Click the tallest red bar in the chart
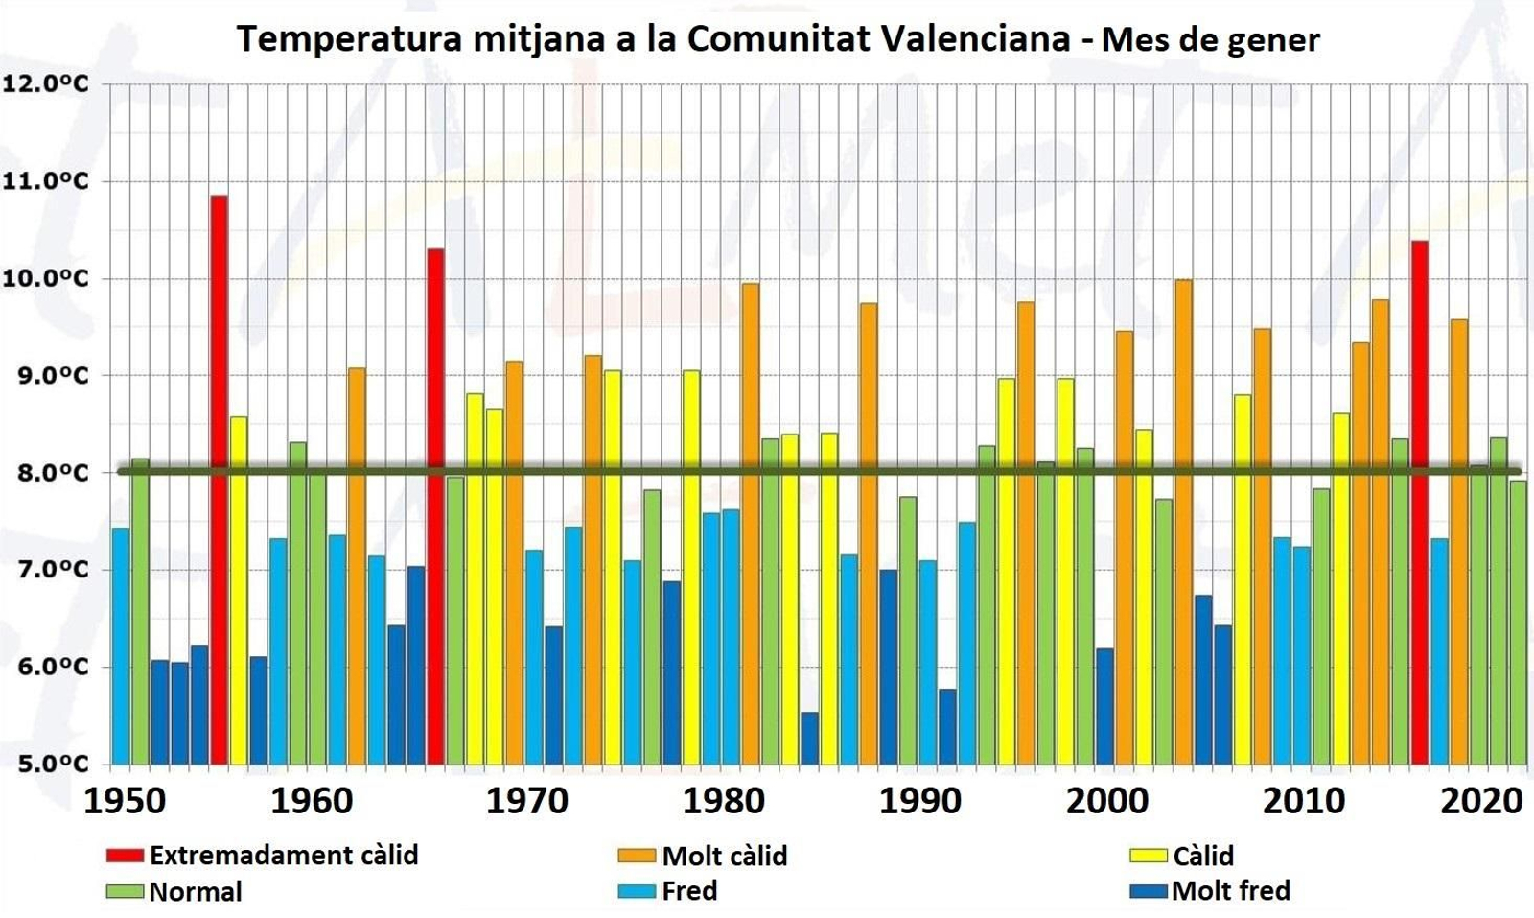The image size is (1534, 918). click(x=219, y=480)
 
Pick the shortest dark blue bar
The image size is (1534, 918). click(x=809, y=738)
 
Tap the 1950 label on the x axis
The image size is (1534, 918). click(x=125, y=801)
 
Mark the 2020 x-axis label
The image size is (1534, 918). click(x=1481, y=801)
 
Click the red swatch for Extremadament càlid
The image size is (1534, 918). click(x=125, y=856)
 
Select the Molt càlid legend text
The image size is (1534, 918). click(x=724, y=856)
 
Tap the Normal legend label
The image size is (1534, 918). click(x=196, y=892)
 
